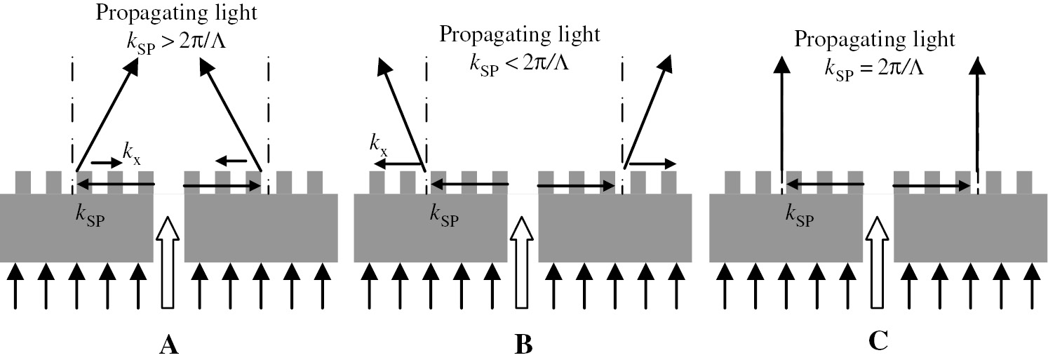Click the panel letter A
pyautogui.click(x=167, y=345)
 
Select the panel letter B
pyautogui.click(x=523, y=345)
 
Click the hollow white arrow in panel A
pyautogui.click(x=167, y=262)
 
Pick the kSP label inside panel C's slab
pyautogui.click(x=800, y=215)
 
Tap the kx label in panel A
pyautogui.click(x=131, y=151)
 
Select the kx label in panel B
pyautogui.click(x=379, y=145)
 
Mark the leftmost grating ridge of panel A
pyautogui.click(x=22, y=182)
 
